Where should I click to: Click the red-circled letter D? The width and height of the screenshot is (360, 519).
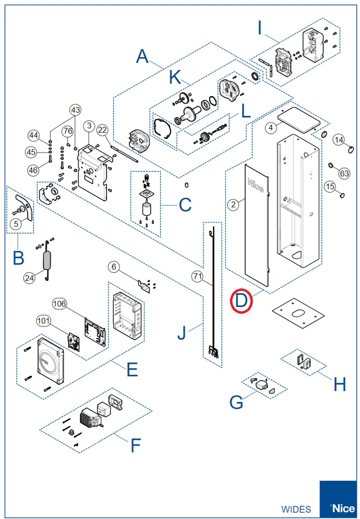241,301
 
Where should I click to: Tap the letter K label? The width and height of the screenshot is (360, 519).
175,78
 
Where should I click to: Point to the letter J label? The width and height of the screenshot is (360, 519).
182,333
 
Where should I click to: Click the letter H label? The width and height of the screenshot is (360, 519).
340,384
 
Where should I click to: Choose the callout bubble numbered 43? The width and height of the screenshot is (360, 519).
76,110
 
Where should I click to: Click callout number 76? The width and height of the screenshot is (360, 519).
68,131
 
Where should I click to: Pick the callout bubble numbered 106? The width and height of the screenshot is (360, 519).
59,304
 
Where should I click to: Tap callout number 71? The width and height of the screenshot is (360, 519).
197,276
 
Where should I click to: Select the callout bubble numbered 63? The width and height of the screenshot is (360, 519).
344,173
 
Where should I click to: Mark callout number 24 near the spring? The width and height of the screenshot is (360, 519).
29,278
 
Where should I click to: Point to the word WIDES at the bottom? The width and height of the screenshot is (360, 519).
296,509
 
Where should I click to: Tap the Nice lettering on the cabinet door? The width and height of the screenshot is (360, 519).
256,185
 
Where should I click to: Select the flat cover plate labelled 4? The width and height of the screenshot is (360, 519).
299,119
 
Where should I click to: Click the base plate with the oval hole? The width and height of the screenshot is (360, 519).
298,313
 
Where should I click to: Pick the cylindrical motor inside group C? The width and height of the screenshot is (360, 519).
146,209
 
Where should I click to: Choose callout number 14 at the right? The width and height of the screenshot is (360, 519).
339,140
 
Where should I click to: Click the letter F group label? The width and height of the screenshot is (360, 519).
136,445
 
